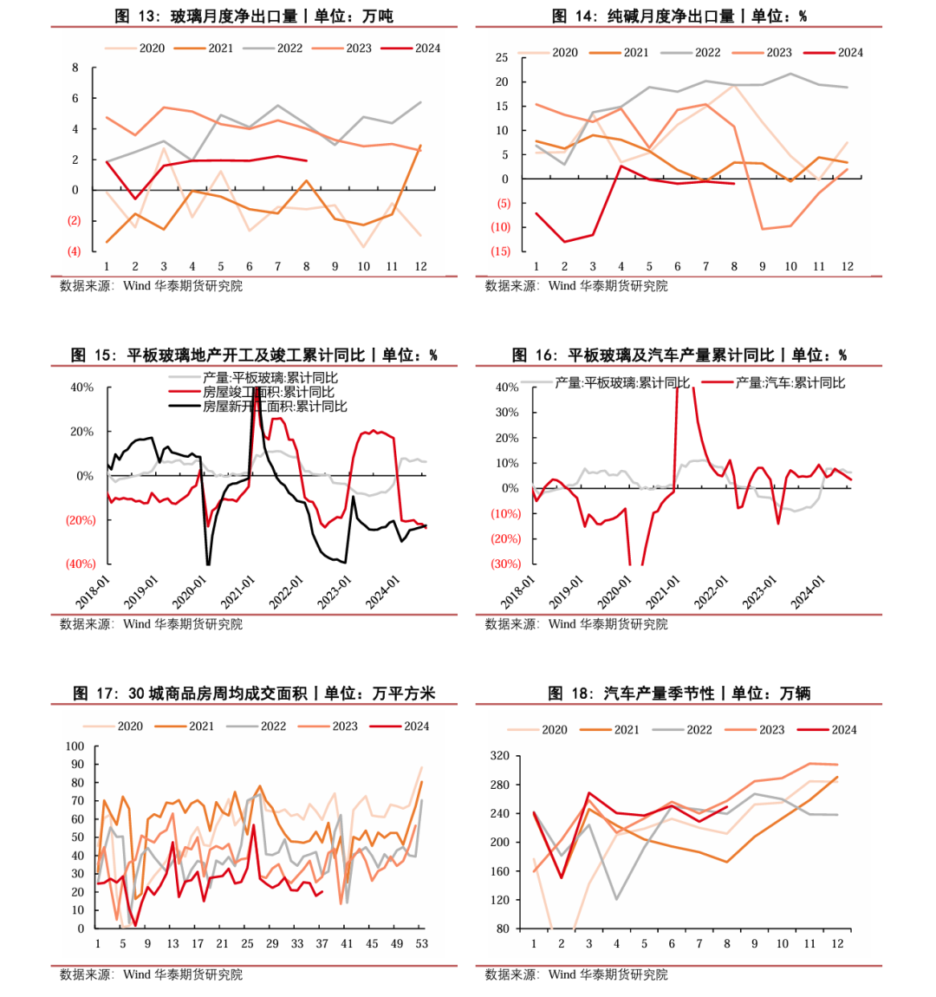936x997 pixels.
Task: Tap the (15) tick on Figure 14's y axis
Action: click(501, 251)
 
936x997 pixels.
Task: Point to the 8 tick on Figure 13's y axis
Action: click(75, 68)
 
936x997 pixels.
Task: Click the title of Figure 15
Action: click(254, 355)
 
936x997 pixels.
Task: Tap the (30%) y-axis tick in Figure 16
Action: click(505, 564)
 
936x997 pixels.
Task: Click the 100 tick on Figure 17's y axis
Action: click(75, 746)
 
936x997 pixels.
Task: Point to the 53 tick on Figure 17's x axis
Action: click(422, 943)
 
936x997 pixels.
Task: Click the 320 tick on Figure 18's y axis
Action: click(500, 756)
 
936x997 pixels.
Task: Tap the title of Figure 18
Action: click(679, 694)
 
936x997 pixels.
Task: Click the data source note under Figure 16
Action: click(576, 624)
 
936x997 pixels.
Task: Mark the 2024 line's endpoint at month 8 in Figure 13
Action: click(307, 160)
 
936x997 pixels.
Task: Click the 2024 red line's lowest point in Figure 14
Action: click(565, 242)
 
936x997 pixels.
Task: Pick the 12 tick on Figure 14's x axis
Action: click(848, 266)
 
